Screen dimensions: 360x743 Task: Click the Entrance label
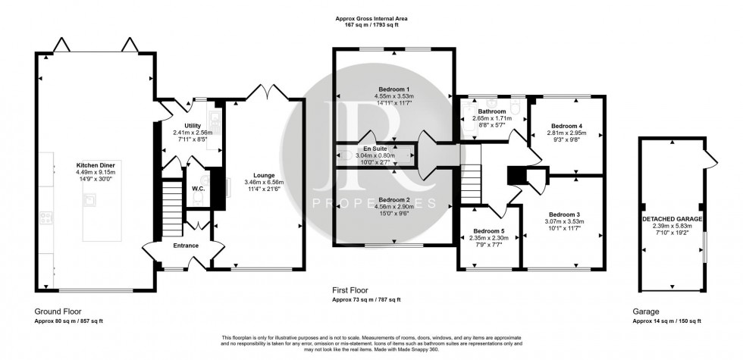tap(186, 246)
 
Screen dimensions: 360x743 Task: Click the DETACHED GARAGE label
tap(671, 218)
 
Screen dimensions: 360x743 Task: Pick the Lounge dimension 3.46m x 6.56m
tap(260, 182)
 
